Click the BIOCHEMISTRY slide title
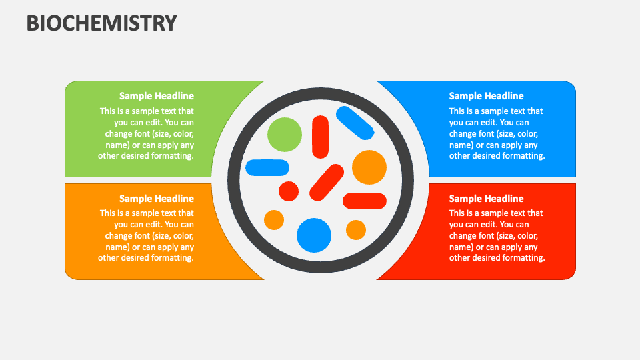102,23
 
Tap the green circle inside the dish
285,134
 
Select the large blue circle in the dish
314,235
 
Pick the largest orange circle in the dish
369,167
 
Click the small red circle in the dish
289,191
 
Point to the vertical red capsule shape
321,137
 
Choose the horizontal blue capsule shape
267,167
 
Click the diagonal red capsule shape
327,182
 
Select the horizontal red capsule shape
365,201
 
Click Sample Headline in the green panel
157,96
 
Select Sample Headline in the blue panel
486,96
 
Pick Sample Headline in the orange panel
157,199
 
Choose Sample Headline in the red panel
486,199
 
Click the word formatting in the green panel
173,156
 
